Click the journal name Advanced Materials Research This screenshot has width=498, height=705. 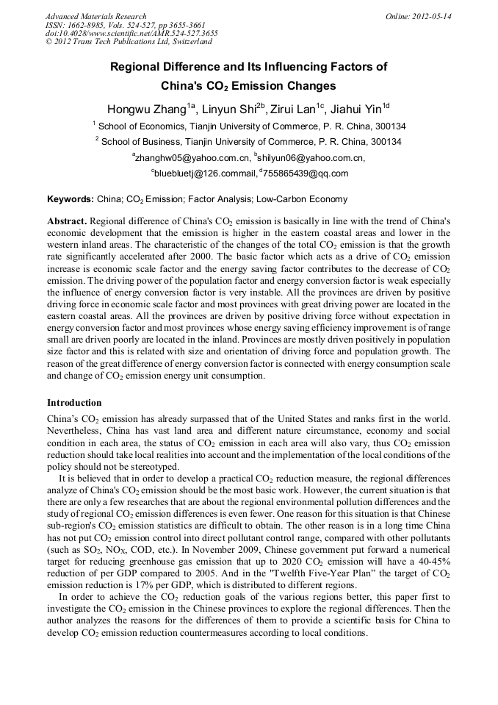coord(95,16)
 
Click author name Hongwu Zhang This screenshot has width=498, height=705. coord(147,110)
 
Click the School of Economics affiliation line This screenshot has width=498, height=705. coord(250,126)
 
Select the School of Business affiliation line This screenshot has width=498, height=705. coord(250,141)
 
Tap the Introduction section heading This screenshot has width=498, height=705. coord(74,403)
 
